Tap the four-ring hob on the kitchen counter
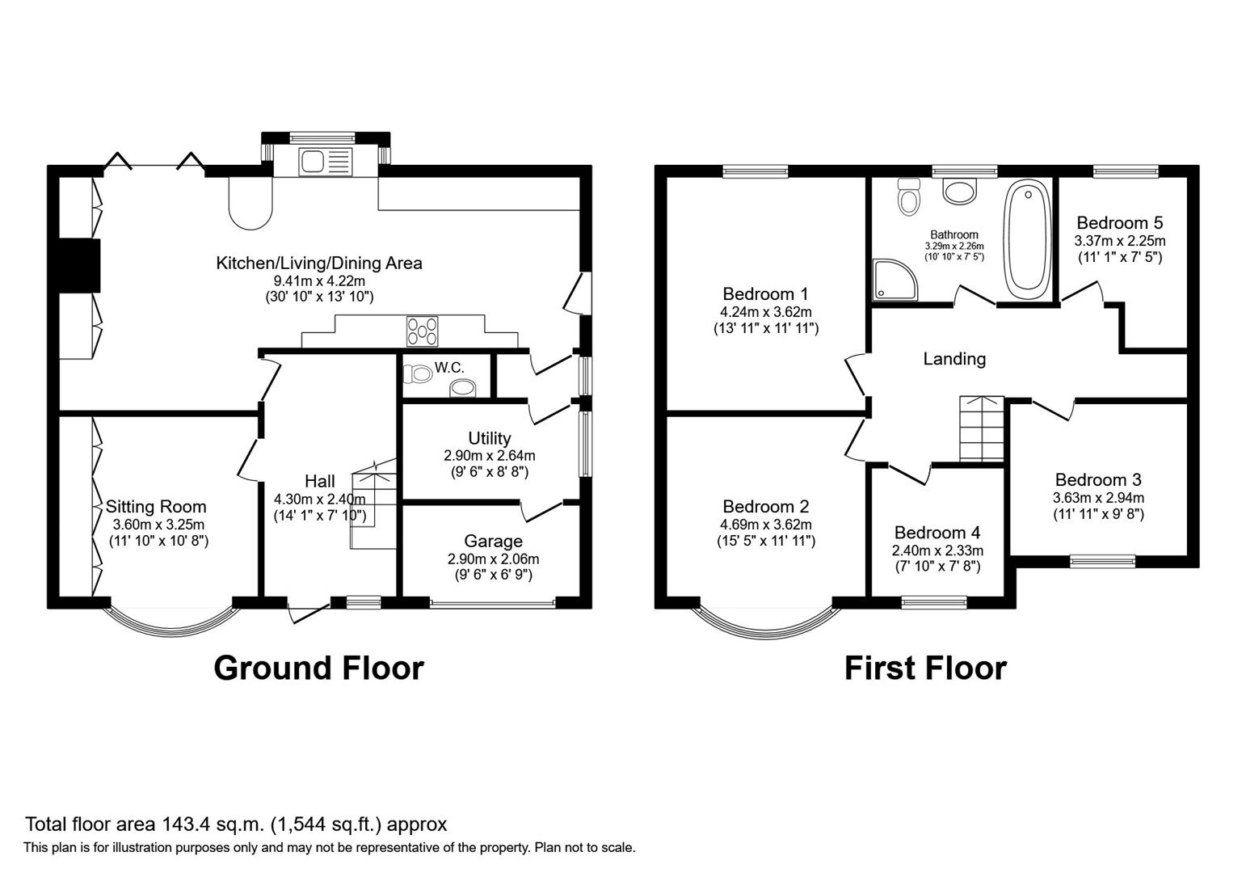pos(422,331)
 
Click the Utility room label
pos(489,438)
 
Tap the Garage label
pos(493,541)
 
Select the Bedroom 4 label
pos(937,533)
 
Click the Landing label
pos(954,358)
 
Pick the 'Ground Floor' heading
pos(318,668)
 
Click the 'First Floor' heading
pos(925,668)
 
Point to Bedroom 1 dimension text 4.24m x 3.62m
pos(766,311)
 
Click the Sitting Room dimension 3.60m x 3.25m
pos(158,524)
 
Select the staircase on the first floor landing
pos(980,428)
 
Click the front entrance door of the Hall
pos(309,613)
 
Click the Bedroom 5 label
pos(1119,222)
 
